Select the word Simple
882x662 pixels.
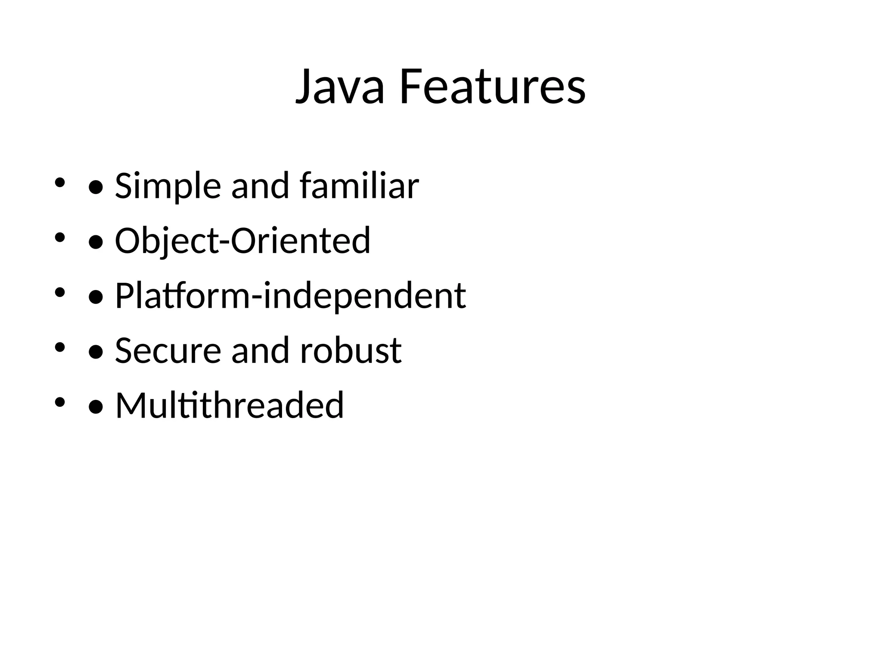coord(168,186)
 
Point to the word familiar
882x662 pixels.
coord(359,186)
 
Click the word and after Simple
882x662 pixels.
coord(260,186)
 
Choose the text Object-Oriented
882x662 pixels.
coord(242,240)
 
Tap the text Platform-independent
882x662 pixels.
coord(290,296)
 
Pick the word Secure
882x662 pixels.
coord(168,350)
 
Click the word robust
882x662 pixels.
coord(351,350)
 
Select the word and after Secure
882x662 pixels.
coord(260,350)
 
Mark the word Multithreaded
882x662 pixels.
coord(230,405)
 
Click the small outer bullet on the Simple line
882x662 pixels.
coord(59,183)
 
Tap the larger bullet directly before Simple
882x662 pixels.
coord(96,187)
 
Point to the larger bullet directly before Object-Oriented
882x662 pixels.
coord(96,242)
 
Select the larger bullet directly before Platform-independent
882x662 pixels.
coord(96,297)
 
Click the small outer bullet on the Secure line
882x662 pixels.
coord(59,347)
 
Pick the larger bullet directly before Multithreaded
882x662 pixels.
coord(96,407)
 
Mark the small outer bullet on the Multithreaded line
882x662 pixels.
coord(59,402)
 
